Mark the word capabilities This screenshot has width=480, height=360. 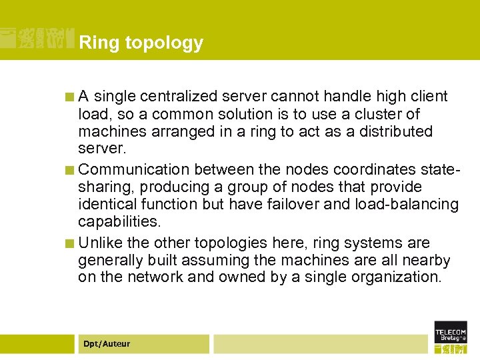pyautogui.click(x=119, y=221)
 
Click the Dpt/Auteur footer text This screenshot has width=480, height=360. pyautogui.click(x=107, y=344)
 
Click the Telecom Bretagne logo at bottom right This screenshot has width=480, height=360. pyautogui.click(x=451, y=337)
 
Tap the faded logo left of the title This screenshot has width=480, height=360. pyautogui.click(x=37, y=38)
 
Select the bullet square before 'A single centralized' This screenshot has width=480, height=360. pyautogui.click(x=69, y=97)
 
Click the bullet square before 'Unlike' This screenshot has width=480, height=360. pyautogui.click(x=69, y=243)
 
